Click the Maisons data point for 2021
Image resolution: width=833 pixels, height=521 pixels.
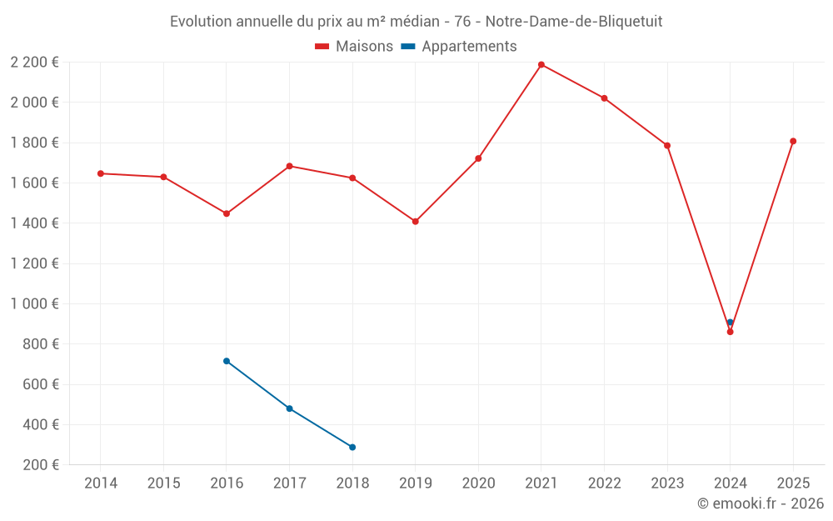click(x=541, y=64)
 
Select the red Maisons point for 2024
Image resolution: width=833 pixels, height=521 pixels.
click(x=730, y=332)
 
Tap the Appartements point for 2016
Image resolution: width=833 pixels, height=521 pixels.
click(x=227, y=361)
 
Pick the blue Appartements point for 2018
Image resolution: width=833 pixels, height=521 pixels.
click(x=352, y=448)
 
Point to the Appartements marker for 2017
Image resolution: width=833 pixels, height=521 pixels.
click(x=289, y=408)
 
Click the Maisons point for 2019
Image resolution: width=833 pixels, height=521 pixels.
click(x=415, y=222)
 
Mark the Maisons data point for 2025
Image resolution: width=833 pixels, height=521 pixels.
click(x=793, y=141)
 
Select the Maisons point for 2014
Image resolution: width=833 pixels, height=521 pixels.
click(x=101, y=173)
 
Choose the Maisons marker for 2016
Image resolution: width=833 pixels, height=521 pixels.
click(x=227, y=213)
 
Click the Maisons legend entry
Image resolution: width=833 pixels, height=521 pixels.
click(x=354, y=47)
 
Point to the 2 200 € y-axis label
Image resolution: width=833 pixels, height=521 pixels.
click(x=34, y=62)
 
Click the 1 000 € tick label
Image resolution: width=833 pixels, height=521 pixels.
click(x=34, y=303)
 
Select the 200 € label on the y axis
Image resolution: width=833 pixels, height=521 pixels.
click(x=39, y=464)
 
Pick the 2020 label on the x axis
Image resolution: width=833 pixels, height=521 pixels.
click(x=478, y=483)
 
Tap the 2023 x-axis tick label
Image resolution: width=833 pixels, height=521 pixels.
click(x=667, y=483)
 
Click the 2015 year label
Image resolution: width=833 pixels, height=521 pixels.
click(x=163, y=483)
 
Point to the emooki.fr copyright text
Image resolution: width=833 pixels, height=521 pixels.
click(x=760, y=503)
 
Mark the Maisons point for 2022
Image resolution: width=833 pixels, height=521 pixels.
click(x=604, y=98)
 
